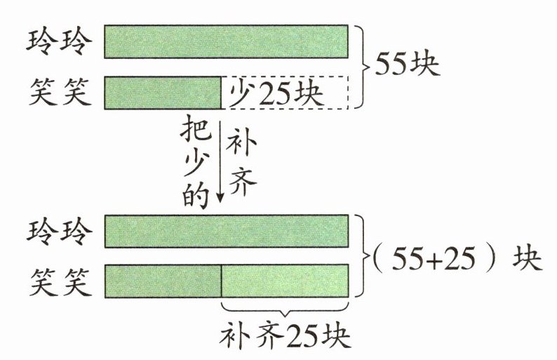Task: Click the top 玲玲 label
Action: coord(59,42)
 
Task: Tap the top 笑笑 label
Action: coord(59,92)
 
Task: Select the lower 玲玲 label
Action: coord(59,232)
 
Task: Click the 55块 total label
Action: coord(407,67)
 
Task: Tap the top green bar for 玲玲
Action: coord(226,42)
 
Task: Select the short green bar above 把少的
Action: coord(163,93)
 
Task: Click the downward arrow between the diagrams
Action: coord(220,161)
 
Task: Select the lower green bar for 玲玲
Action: coord(226,232)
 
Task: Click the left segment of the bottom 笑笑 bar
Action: coord(163,281)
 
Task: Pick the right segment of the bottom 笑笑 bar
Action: coord(284,281)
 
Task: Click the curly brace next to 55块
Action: coord(361,67)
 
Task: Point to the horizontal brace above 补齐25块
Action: coord(285,309)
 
